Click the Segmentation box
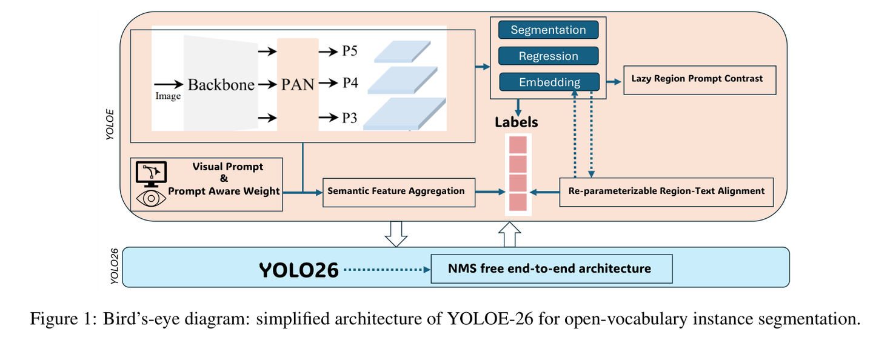[548, 30]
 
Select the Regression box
[548, 56]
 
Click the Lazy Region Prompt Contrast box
[700, 79]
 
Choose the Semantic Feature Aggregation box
[398, 192]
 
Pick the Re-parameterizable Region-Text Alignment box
[666, 192]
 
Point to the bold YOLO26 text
[298, 270]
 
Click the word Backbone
[221, 84]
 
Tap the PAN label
[298, 84]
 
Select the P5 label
[350, 51]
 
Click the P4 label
[350, 82]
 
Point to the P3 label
[349, 118]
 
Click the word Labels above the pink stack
[517, 122]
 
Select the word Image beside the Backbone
[168, 96]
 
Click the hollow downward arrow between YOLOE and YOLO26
[396, 234]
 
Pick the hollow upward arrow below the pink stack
[510, 235]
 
